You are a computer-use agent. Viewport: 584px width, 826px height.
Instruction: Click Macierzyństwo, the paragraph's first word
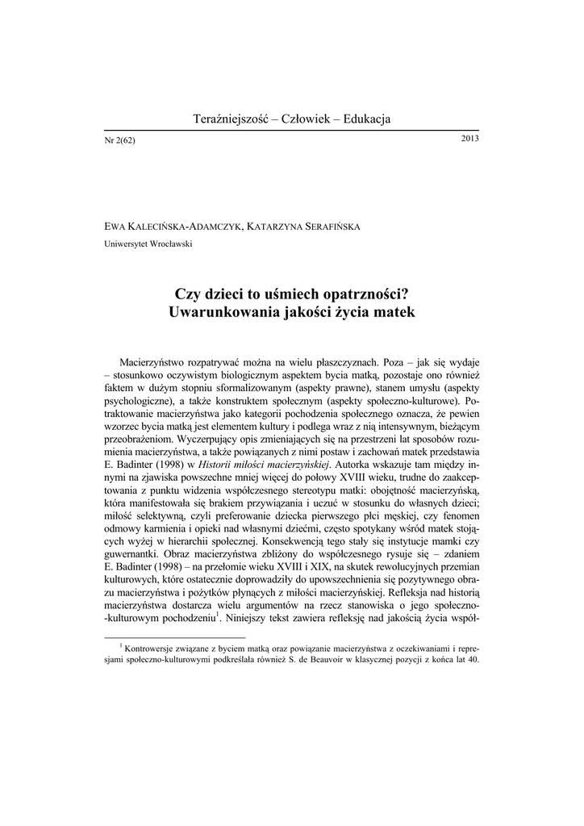point(157,362)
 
